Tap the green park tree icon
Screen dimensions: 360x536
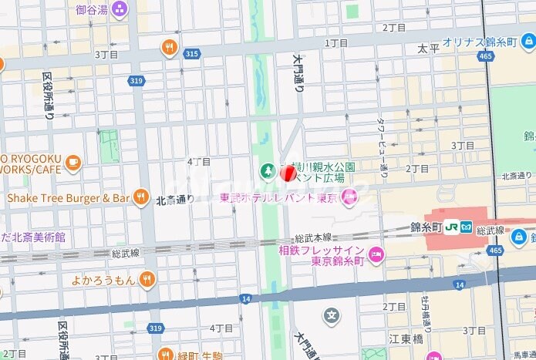[x=266, y=170]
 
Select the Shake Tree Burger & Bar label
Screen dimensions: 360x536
[x=68, y=198]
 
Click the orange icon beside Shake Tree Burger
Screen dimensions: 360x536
[x=140, y=198]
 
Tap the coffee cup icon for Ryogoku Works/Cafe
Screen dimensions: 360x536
[x=73, y=162]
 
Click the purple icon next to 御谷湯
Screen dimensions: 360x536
[x=120, y=9]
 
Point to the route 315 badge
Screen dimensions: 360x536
[x=192, y=54]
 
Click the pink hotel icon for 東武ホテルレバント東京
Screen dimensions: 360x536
[x=350, y=198]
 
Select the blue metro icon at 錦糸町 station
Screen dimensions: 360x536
[x=467, y=227]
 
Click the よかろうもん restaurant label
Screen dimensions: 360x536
[x=103, y=278]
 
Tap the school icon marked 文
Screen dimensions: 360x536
[x=332, y=315]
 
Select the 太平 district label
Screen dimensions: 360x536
[x=428, y=48]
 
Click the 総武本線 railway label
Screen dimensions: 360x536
[x=313, y=238]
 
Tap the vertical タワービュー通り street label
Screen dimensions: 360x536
[x=381, y=147]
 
